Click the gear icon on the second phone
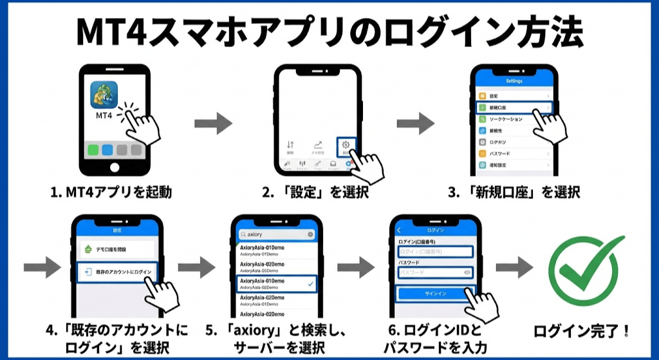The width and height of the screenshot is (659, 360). tap(346, 145)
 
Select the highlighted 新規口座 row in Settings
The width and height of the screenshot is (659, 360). tap(514, 108)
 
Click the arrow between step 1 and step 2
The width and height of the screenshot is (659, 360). tap(213, 122)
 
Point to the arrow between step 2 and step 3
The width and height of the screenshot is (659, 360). tap(415, 122)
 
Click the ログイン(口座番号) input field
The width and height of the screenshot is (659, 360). tap(436, 251)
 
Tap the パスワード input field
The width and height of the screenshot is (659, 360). tap(436, 272)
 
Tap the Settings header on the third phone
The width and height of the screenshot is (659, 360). tap(514, 81)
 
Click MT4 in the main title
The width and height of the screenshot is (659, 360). tap(111, 31)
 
